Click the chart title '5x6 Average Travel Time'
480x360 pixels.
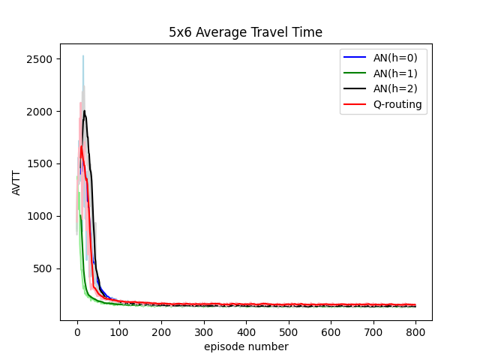coord(246,32)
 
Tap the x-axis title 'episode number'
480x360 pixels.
coord(246,346)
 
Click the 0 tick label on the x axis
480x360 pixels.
coord(77,331)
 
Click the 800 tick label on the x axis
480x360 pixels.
coord(415,331)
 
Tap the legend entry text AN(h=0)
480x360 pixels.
coord(397,57)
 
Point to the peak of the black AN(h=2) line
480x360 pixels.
coord(85,111)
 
